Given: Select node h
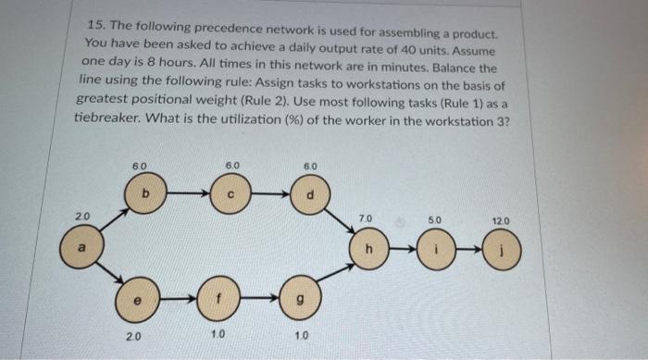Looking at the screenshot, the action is coord(369,249).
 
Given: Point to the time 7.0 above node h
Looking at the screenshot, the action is coord(365,219).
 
